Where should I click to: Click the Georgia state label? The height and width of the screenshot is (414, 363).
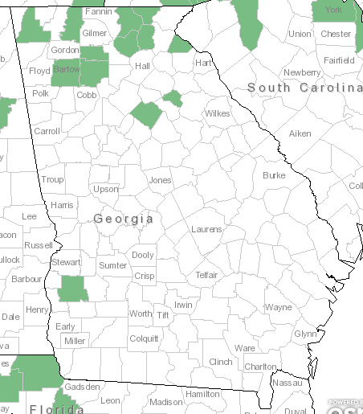tap(123, 219)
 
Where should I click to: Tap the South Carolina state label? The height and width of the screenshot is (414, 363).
tap(304, 87)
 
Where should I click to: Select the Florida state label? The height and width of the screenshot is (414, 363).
tap(56, 408)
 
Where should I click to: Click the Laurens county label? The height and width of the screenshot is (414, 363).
tap(206, 229)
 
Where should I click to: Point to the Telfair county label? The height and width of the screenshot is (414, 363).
tap(206, 275)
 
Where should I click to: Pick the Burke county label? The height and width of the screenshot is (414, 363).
tap(274, 175)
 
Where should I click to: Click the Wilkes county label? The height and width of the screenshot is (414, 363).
tap(217, 113)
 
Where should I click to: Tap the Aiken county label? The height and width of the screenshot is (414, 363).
tap(300, 133)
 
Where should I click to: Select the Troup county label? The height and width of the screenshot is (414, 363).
tap(52, 179)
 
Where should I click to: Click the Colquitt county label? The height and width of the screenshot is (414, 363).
tap(144, 338)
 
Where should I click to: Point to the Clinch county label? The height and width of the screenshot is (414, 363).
tap(220, 362)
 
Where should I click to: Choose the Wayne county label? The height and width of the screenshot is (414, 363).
tap(279, 307)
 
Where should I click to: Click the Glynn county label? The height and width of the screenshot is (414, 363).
tap(305, 334)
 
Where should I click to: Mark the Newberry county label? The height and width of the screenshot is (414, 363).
tap(301, 72)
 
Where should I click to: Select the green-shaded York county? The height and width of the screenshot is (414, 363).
tap(333, 10)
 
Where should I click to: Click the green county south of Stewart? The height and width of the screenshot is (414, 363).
tap(73, 289)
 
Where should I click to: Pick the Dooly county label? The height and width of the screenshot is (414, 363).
tap(143, 255)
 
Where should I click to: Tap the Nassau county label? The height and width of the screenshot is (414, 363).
tap(287, 383)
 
